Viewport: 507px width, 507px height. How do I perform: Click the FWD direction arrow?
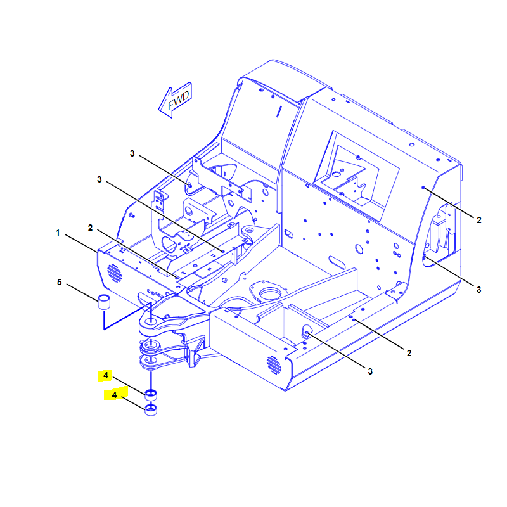175,100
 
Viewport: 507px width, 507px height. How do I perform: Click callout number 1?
58,233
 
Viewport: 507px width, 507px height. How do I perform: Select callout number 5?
60,282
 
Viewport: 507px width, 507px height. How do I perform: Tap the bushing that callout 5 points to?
104,302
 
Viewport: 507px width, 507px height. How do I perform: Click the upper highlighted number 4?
106,375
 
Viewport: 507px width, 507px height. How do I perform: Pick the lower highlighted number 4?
114,395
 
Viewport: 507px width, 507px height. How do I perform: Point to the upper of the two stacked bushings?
151,395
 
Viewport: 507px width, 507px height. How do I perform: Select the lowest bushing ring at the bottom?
151,409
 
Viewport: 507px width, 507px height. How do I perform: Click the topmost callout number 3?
132,153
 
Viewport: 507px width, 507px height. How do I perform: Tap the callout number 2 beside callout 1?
90,228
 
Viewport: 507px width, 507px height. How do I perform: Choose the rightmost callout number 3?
479,290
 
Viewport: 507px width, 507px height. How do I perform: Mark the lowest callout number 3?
370,371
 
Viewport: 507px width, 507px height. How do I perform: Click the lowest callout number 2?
409,353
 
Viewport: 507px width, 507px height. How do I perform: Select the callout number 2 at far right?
479,220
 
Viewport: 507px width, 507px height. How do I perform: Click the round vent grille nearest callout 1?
115,273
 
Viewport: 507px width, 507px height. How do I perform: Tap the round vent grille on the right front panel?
274,365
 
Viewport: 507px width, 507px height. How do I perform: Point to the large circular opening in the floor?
270,293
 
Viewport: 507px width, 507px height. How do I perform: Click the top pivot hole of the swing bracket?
150,321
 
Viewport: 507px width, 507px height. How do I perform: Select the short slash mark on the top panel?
279,112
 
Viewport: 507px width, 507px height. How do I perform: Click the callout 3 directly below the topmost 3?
99,179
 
